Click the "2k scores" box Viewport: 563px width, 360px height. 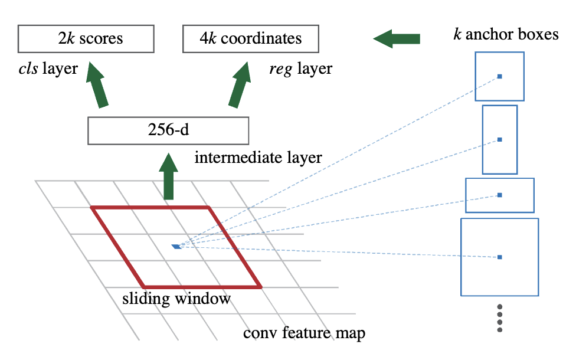pyautogui.click(x=86, y=38)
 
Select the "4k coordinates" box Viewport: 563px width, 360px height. pyautogui.click(x=250, y=38)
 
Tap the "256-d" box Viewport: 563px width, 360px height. pyautogui.click(x=168, y=130)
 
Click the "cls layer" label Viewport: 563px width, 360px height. pyautogui.click(x=48, y=69)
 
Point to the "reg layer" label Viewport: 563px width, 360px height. pyautogui.click(x=300, y=69)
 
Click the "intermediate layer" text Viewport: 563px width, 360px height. pyautogui.click(x=258, y=158)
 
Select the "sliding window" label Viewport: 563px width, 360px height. pyautogui.click(x=176, y=299)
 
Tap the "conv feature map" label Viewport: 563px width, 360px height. pyautogui.click(x=304, y=333)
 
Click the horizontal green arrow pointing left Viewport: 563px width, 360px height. pyautogui.click(x=397, y=39)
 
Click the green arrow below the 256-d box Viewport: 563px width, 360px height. pyautogui.click(x=169, y=176)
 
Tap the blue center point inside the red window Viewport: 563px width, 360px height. pyautogui.click(x=176, y=246)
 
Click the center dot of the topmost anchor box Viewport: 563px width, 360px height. pyautogui.click(x=499, y=76)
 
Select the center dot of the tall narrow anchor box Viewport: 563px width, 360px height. pyautogui.click(x=499, y=139)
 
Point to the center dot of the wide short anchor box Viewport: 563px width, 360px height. pyautogui.click(x=499, y=195)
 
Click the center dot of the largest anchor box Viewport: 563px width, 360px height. pyautogui.click(x=499, y=257)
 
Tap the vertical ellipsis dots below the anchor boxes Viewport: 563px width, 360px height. pyautogui.click(x=499, y=319)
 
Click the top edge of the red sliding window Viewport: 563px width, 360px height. pyautogui.click(x=150, y=207)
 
